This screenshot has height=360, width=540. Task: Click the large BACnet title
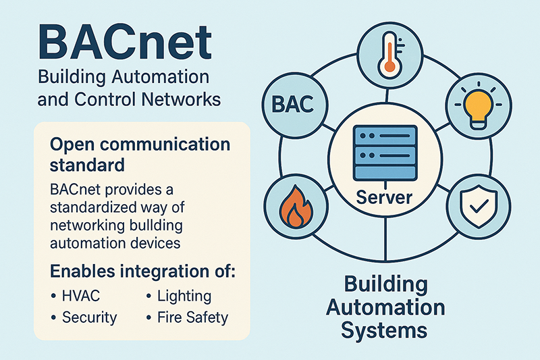click(x=125, y=43)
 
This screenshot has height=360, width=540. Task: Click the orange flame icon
click(x=296, y=207)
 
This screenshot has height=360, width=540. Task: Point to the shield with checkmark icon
click(x=479, y=206)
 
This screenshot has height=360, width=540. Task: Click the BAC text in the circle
click(x=293, y=104)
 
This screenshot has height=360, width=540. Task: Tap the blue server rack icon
click(x=385, y=153)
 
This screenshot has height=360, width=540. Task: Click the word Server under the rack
click(x=384, y=197)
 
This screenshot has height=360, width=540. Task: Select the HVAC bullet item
click(x=76, y=296)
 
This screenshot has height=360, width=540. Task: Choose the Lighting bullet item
click(x=179, y=297)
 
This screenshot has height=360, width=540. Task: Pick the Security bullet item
click(x=84, y=317)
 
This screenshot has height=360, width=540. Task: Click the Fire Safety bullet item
click(x=188, y=317)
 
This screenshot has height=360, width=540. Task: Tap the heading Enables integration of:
click(x=143, y=271)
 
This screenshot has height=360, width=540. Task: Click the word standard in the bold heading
click(x=87, y=165)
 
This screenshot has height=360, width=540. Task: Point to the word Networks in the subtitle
click(x=181, y=99)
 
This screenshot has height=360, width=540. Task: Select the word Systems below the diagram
click(x=384, y=330)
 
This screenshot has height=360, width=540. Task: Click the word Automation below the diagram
click(x=385, y=307)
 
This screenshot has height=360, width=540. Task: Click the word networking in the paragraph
click(x=88, y=226)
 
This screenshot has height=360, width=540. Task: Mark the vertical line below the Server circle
click(x=385, y=238)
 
